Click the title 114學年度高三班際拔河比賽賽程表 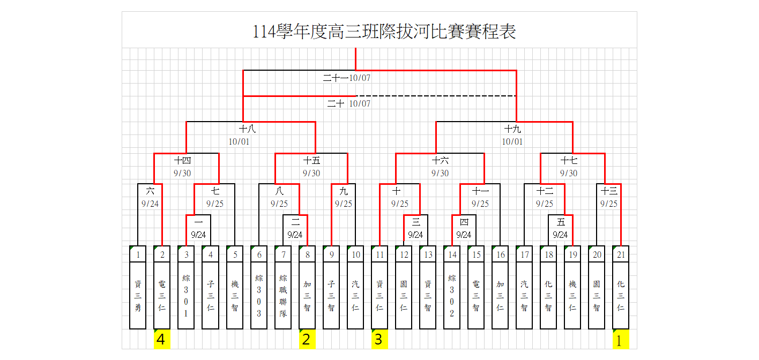click(x=384, y=32)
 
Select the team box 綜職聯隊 click(x=283, y=295)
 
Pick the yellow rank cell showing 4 click(x=162, y=340)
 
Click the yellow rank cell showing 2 click(x=307, y=340)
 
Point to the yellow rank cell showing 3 click(x=379, y=340)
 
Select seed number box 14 click(x=452, y=254)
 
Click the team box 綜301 click(x=186, y=295)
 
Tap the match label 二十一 click(x=336, y=78)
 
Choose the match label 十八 click(x=247, y=129)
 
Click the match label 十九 click(x=512, y=129)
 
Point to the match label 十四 click(x=183, y=160)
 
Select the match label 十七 click(x=569, y=160)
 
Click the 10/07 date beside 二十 click(x=360, y=103)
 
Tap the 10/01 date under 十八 click(x=239, y=142)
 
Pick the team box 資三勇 click(x=138, y=295)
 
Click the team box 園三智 click(x=597, y=295)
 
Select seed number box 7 click(x=283, y=254)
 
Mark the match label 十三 click(x=609, y=191)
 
